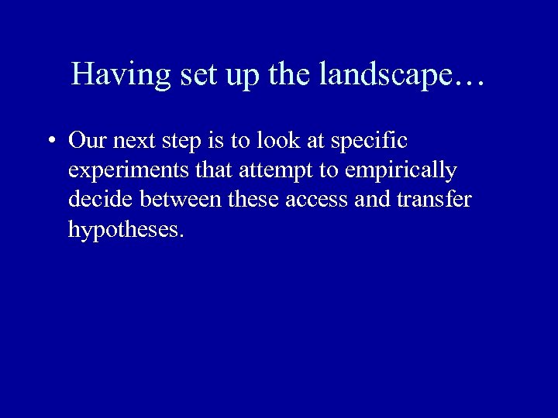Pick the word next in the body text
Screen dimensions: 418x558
pyautogui.click(x=132, y=141)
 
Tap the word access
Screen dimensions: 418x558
pyautogui.click(x=316, y=200)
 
